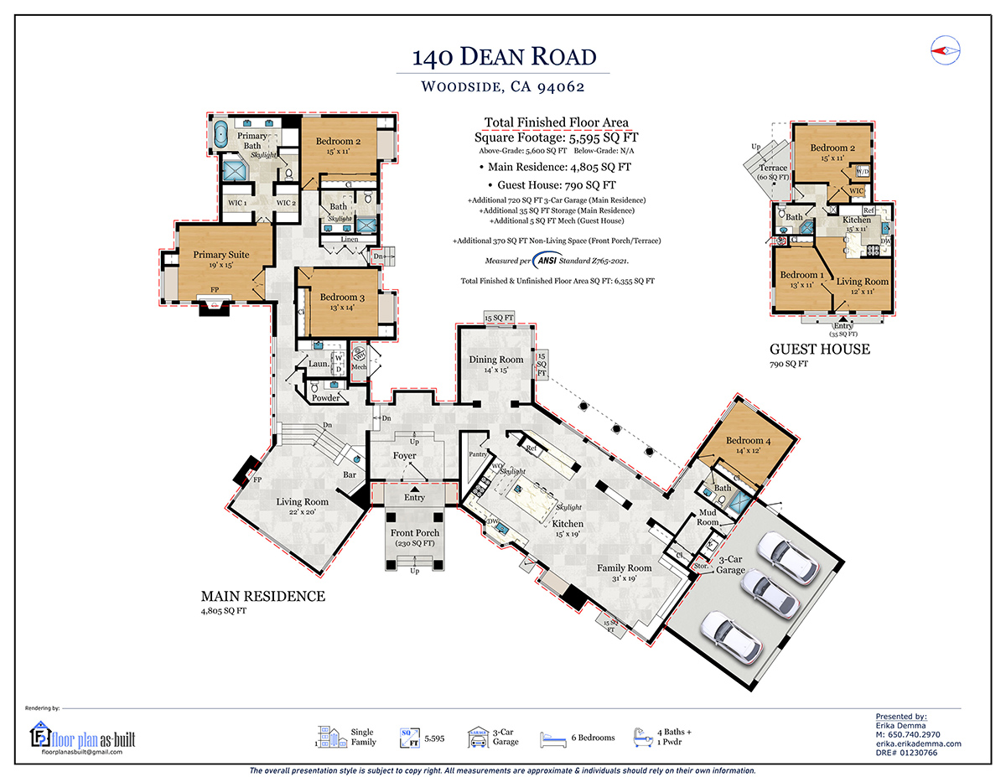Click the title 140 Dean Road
click(x=504, y=57)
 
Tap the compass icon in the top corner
click(x=944, y=51)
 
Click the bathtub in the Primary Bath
click(x=221, y=135)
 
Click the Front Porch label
click(x=415, y=532)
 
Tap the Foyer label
click(x=405, y=456)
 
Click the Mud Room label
click(x=708, y=517)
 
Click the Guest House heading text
click(x=819, y=349)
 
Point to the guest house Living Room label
click(x=862, y=282)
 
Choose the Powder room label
click(x=325, y=398)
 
